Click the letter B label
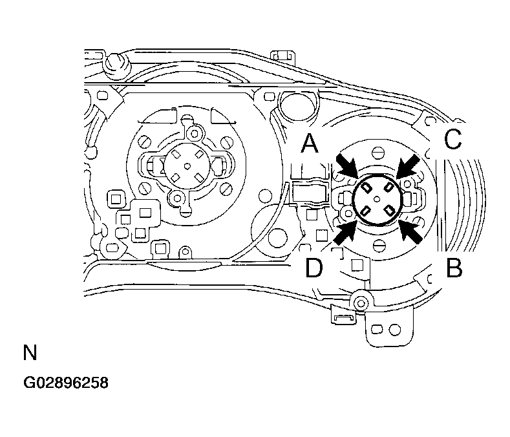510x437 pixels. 454,268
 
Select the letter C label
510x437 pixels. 453,139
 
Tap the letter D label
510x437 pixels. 314,268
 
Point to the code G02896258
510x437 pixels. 66,383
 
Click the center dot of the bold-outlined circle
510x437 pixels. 377,198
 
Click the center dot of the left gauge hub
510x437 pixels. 187,166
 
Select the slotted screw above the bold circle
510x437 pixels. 378,152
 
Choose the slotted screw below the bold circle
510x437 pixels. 379,244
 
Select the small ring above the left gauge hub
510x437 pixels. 195,133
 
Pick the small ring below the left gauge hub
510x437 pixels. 178,198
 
